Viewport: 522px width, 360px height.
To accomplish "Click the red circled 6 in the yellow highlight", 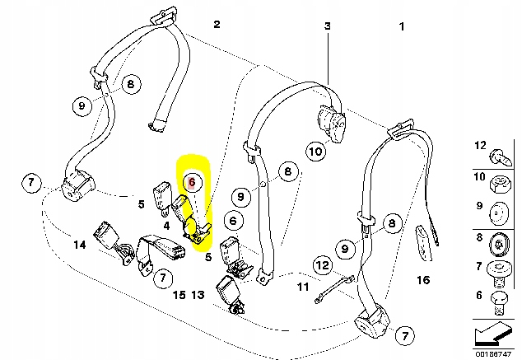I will pos(190,181).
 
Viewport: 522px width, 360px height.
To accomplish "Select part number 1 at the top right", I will pos(402,27).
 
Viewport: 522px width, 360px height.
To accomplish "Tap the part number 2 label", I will pos(217,25).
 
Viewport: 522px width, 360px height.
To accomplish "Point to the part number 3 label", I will pos(326,26).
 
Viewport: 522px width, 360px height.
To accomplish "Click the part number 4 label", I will pos(166,223).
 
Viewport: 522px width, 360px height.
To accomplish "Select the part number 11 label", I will pos(303,288).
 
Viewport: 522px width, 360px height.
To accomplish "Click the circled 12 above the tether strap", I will pos(323,265).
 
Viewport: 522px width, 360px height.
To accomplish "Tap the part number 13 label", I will pos(198,295).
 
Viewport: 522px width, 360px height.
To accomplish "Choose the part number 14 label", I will pos(79,244).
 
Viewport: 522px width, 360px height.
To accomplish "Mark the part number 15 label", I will pos(179,295).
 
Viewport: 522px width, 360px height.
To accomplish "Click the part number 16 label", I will pos(423,280).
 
